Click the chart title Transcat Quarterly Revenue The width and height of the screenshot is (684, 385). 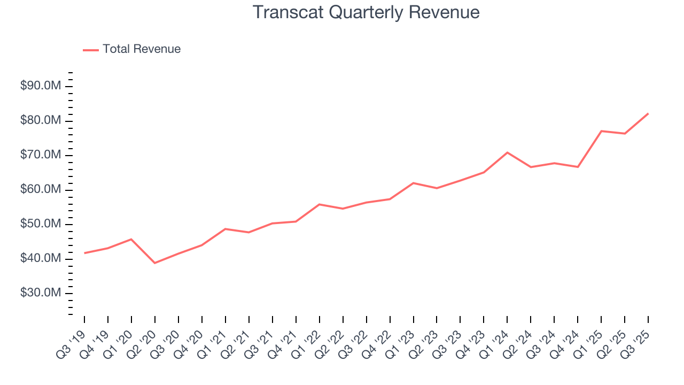click(x=366, y=12)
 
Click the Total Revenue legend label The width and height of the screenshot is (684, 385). click(x=142, y=49)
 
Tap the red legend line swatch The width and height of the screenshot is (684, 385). click(x=91, y=50)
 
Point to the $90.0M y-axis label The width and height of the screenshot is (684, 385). click(x=41, y=87)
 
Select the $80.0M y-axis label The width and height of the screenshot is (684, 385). click(x=41, y=121)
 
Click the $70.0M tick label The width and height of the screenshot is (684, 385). click(x=41, y=156)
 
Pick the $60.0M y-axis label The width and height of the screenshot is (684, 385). click(x=41, y=190)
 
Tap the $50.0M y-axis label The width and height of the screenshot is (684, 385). click(x=41, y=225)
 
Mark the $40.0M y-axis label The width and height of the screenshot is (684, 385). click(x=41, y=259)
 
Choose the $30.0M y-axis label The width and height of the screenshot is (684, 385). click(x=41, y=294)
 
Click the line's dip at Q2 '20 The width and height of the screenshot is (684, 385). click(x=155, y=263)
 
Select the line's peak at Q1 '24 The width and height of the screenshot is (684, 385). click(x=507, y=152)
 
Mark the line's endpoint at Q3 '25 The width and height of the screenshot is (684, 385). click(x=648, y=113)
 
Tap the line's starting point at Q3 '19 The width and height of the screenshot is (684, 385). click(x=84, y=253)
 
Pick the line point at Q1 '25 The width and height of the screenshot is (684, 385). click(x=601, y=131)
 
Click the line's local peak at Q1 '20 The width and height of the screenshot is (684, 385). click(x=131, y=239)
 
